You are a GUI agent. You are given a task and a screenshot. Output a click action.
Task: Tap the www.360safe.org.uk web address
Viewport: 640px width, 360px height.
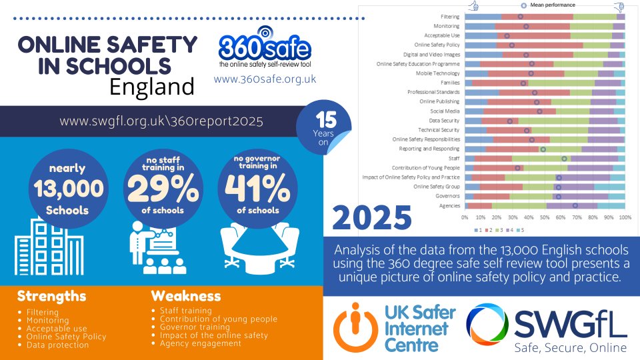(x=265, y=79)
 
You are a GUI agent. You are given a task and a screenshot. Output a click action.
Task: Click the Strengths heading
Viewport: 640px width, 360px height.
(x=51, y=295)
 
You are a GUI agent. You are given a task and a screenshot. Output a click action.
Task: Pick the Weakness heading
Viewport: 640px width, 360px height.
(x=185, y=295)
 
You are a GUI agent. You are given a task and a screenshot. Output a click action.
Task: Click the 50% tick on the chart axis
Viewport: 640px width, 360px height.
(x=545, y=217)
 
